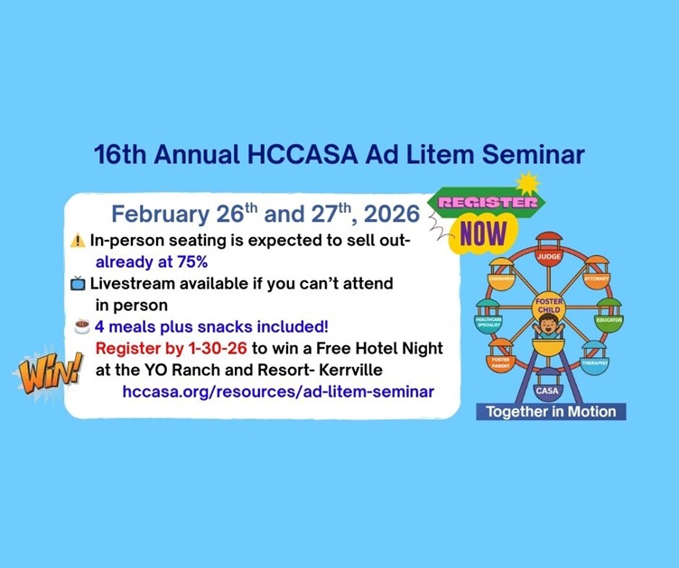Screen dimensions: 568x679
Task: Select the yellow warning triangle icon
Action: click(x=78, y=241)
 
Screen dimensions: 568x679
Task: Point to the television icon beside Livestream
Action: click(x=78, y=284)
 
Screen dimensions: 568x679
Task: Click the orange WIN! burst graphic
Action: click(x=48, y=370)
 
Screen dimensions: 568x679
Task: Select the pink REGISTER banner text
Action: click(x=488, y=202)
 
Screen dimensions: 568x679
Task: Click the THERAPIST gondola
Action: click(x=593, y=359)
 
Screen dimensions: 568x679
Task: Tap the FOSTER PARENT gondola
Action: click(x=500, y=359)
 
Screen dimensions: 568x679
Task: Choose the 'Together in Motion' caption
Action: click(x=551, y=412)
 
